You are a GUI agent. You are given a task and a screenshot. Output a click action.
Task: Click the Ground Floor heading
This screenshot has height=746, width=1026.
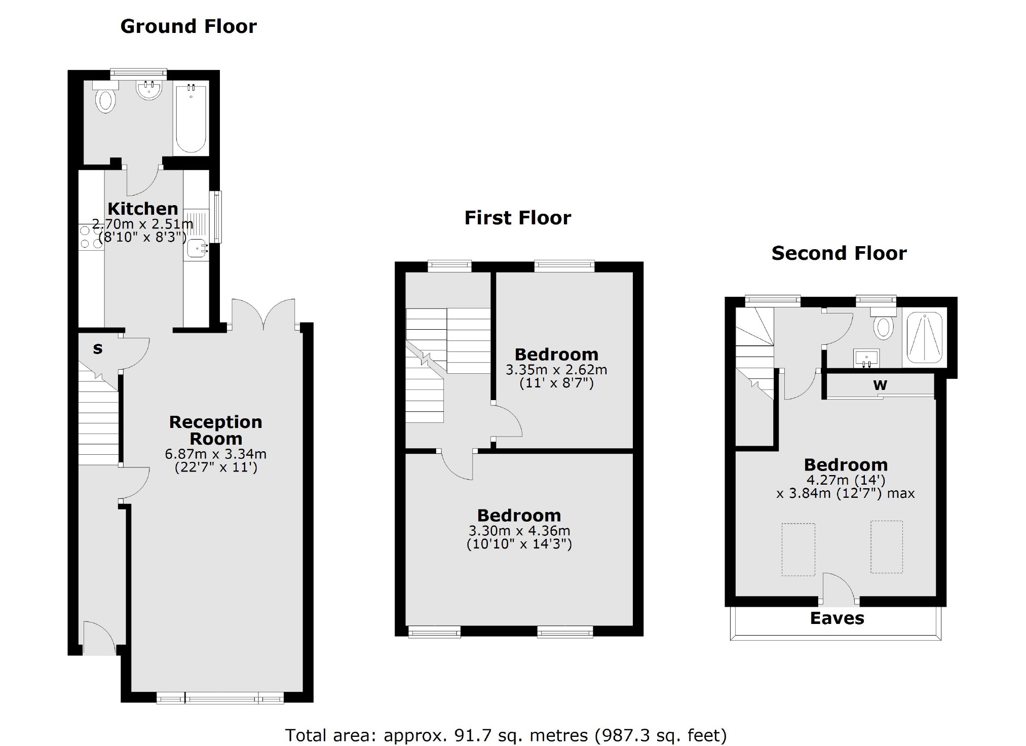click(x=188, y=26)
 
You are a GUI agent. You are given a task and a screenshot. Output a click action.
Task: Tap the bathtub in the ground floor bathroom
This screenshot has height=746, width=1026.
click(x=191, y=120)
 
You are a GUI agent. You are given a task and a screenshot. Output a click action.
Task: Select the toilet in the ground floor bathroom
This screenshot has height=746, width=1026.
click(x=105, y=99)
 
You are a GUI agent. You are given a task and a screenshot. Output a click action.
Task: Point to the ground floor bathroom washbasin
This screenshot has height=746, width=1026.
click(x=149, y=90)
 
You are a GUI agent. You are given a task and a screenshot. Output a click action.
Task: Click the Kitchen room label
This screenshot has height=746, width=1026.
click(x=143, y=208)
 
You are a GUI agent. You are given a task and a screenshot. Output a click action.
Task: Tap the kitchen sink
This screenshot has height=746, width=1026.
click(x=196, y=249)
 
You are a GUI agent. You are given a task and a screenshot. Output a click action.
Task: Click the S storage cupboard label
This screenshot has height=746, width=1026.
click(x=98, y=348)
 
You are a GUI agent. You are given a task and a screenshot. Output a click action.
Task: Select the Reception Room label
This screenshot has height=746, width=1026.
click(x=216, y=430)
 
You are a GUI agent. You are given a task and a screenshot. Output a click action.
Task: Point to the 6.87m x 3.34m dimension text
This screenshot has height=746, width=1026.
click(x=216, y=454)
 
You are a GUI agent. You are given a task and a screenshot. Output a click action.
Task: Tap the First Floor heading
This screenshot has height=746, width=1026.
click(x=517, y=218)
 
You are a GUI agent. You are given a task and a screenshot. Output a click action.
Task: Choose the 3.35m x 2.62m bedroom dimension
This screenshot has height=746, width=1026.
click(x=556, y=370)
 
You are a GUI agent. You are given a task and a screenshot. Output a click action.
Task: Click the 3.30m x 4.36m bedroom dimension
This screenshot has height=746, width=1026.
click(x=519, y=531)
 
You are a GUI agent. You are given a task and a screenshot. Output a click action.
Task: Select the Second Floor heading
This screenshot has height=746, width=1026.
click(x=839, y=253)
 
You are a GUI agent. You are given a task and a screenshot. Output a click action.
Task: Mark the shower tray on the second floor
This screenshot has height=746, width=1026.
click(x=924, y=337)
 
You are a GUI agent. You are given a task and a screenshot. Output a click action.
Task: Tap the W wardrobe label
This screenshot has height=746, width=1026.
click(x=880, y=385)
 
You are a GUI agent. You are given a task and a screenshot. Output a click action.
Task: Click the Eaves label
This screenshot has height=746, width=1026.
click(x=837, y=618)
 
